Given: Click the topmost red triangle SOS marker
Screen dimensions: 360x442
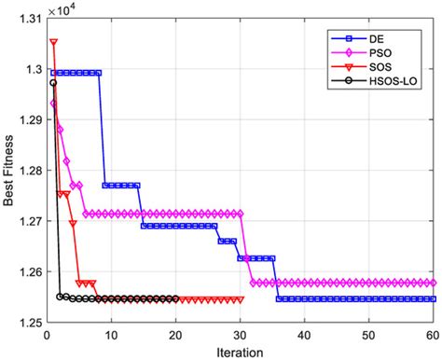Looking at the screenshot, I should pyautogui.click(x=53, y=42).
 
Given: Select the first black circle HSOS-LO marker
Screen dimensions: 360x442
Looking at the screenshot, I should pyautogui.click(x=53, y=82).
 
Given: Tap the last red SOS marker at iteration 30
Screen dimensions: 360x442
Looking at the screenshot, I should pyautogui.click(x=241, y=299).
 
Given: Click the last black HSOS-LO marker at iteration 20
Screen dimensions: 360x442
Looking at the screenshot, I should pyautogui.click(x=175, y=298).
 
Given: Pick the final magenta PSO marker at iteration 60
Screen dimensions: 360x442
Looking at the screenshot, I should pyautogui.click(x=434, y=282).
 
